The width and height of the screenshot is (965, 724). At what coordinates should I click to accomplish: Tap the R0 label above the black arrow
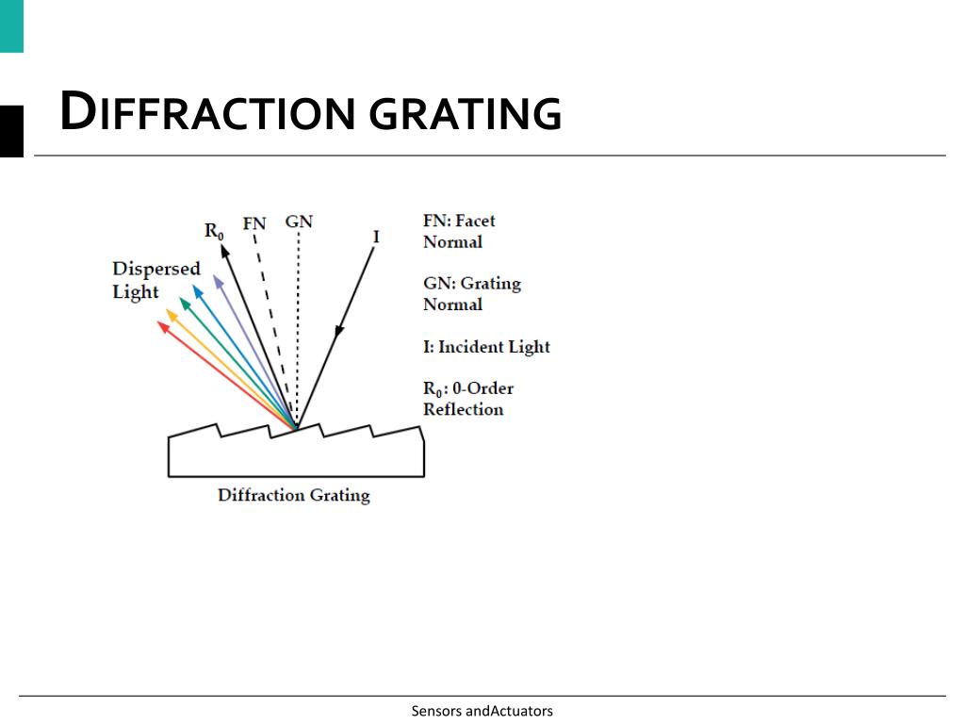click(x=214, y=231)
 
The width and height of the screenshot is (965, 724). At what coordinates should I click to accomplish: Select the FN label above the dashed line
click(x=254, y=223)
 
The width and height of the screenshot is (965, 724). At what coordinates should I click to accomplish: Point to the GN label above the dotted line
click(x=299, y=222)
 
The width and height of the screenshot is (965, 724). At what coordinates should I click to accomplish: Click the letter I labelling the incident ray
click(x=376, y=237)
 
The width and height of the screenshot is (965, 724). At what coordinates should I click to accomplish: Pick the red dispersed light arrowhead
click(x=162, y=326)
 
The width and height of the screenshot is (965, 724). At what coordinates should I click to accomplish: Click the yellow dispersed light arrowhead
click(x=172, y=314)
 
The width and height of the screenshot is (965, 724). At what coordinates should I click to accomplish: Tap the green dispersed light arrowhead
click(x=185, y=301)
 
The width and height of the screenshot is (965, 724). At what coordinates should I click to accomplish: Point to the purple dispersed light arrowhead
click(x=218, y=280)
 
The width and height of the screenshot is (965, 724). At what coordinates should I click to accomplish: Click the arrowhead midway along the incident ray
click(x=339, y=329)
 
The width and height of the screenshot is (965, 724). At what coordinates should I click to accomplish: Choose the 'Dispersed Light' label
click(x=156, y=280)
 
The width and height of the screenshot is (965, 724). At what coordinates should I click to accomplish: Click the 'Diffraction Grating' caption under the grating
click(x=293, y=495)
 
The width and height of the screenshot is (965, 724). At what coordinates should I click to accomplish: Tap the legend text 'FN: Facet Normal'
click(x=459, y=231)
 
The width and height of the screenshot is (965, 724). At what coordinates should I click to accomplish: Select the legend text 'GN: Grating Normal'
click(x=471, y=293)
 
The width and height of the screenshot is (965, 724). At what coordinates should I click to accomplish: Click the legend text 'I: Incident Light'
click(x=486, y=347)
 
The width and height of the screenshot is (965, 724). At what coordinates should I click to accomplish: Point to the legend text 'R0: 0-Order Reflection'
click(x=468, y=398)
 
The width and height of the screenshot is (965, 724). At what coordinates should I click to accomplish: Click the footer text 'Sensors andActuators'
click(x=482, y=711)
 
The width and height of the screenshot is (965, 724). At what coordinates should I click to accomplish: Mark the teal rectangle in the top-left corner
click(x=11, y=25)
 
